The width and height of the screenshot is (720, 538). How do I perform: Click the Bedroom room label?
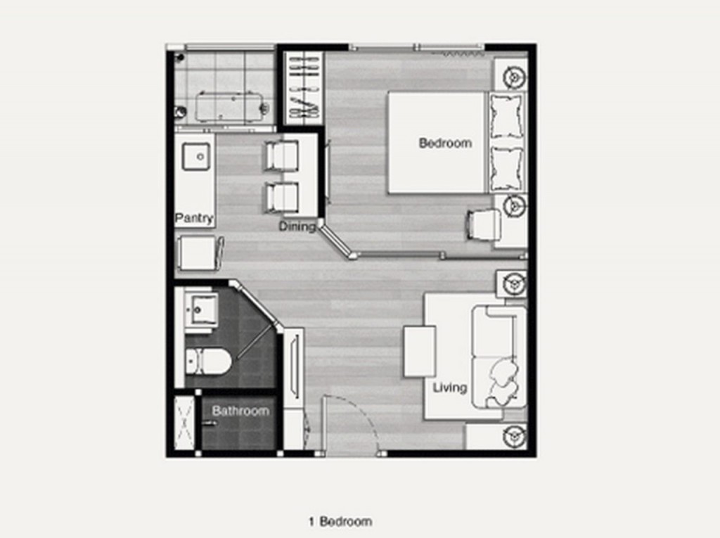[x=445, y=143]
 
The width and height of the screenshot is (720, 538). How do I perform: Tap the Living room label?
[x=449, y=388]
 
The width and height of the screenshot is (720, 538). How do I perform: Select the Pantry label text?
[x=194, y=218]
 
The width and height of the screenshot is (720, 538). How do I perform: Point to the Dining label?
[x=297, y=226]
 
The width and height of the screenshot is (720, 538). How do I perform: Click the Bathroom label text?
[x=240, y=411]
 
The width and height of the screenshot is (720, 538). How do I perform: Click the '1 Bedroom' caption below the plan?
[x=340, y=521]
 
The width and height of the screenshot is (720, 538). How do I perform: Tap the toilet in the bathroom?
[x=208, y=361]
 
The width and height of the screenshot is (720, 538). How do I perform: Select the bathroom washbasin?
[x=201, y=308]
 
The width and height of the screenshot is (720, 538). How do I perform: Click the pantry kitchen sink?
[x=196, y=156]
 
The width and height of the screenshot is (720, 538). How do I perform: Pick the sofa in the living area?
[x=499, y=357]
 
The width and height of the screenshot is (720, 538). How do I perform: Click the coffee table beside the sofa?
[x=419, y=352]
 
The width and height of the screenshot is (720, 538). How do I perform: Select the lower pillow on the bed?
[x=506, y=169]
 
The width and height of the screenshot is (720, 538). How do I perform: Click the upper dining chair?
[x=281, y=155]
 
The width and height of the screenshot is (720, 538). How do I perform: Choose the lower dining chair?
[x=281, y=198]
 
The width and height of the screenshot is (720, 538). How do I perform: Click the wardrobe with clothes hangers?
[x=303, y=87]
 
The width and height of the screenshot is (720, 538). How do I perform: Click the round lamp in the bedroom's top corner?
[x=514, y=77]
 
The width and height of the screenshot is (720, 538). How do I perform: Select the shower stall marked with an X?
[x=184, y=423]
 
